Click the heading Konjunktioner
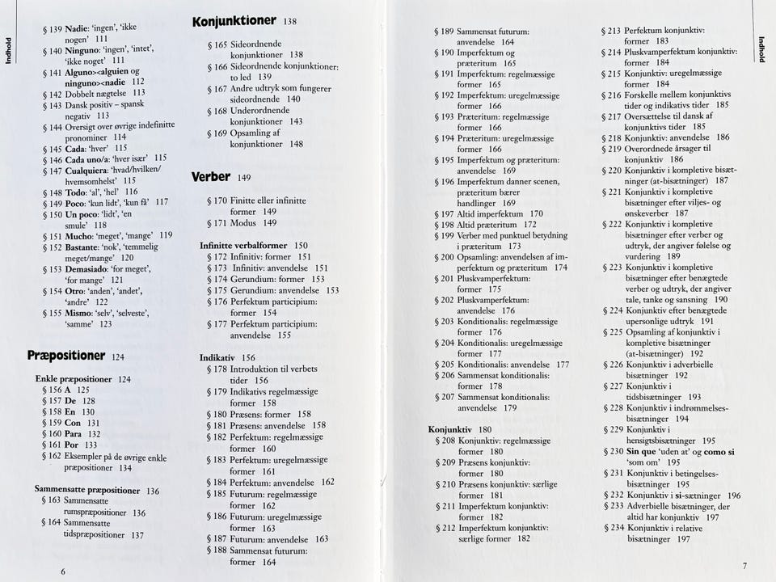pyautogui.click(x=234, y=21)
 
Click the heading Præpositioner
pyautogui.click(x=66, y=355)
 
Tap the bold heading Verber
pyautogui.click(x=211, y=176)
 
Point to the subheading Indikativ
pyautogui.click(x=217, y=356)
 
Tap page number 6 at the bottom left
pyautogui.click(x=62, y=570)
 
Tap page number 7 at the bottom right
pyautogui.click(x=744, y=565)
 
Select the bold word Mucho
pyautogui.click(x=80, y=236)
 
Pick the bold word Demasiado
pyautogui.click(x=91, y=269)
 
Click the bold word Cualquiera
pyautogui.click(x=91, y=171)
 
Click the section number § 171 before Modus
pyautogui.click(x=217, y=222)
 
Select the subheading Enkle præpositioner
pyautogui.click(x=74, y=378)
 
